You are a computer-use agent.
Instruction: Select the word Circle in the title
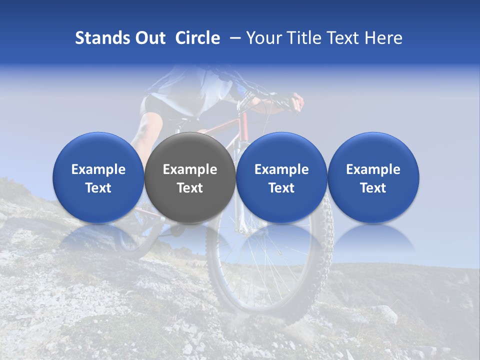[197, 38]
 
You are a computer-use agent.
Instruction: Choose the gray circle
[190, 177]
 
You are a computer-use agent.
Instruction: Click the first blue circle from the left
[98, 177]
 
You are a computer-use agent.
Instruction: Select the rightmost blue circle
[373, 177]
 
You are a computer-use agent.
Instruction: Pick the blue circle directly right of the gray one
[281, 177]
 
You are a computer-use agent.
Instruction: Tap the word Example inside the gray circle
[190, 169]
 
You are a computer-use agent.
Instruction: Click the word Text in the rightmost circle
[373, 188]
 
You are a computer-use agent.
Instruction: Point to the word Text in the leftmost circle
[98, 188]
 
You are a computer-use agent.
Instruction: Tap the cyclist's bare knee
[148, 125]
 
